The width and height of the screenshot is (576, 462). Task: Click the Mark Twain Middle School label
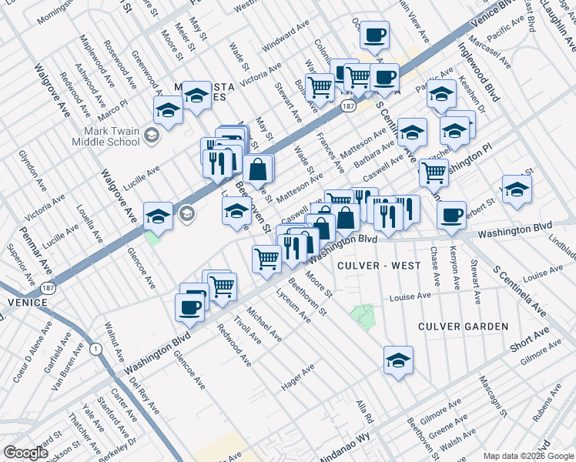105,136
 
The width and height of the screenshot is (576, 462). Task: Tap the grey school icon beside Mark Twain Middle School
152,136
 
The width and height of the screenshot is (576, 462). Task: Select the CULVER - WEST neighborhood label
379,266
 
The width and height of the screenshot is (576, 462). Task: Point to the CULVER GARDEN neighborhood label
463,326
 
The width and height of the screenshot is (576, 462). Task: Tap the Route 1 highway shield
95,349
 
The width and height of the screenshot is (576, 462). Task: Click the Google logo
25,453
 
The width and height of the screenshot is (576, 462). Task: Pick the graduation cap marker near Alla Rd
398,360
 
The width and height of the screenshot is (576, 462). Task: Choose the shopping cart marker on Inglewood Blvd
434,172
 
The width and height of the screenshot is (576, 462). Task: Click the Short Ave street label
530,340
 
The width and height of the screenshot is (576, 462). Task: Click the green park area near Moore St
362,314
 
